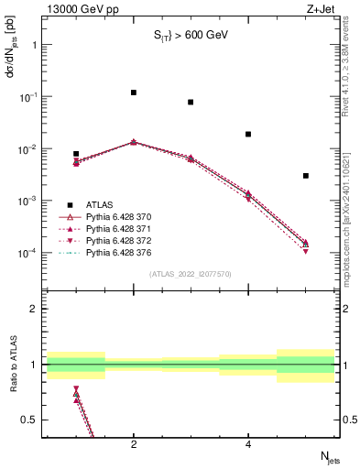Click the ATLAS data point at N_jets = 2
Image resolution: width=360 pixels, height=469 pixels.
pyautogui.click(x=134, y=93)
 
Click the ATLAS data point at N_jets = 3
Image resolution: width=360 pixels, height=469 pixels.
pyautogui.click(x=191, y=103)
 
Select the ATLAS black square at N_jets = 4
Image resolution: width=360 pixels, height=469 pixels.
pyautogui.click(x=248, y=135)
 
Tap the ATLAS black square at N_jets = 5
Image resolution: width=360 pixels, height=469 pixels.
pyautogui.click(x=305, y=176)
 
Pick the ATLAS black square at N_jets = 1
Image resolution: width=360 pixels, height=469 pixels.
pyautogui.click(x=76, y=154)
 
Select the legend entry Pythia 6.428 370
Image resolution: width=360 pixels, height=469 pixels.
pyautogui.click(x=117, y=216)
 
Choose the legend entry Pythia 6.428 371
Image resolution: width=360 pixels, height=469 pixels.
pyautogui.click(x=117, y=228)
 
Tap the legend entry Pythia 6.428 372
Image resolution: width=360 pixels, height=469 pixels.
pyautogui.click(x=117, y=240)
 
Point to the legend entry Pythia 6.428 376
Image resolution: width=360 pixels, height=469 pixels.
pyautogui.click(x=117, y=252)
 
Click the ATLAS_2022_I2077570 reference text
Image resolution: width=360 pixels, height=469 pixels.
pyautogui.click(x=191, y=274)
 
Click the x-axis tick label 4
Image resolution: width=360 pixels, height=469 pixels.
pyautogui.click(x=248, y=444)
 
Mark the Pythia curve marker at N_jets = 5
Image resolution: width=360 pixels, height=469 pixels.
pyautogui.click(x=305, y=244)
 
